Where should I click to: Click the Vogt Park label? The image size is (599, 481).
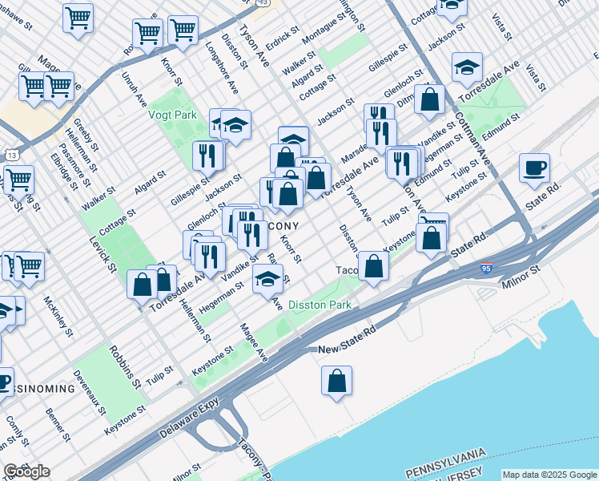pyautogui.click(x=173, y=115)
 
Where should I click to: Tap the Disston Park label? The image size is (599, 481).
pyautogui.click(x=320, y=305)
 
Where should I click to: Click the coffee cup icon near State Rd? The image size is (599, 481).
pyautogui.click(x=534, y=169)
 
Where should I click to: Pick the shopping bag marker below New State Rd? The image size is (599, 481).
pyautogui.click(x=337, y=382)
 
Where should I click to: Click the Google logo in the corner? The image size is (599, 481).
pyautogui.click(x=26, y=471)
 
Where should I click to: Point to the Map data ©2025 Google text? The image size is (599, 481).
pyautogui.click(x=549, y=475)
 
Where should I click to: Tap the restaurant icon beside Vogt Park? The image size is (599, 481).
pyautogui.click(x=208, y=156)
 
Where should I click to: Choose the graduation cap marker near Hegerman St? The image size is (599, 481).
pyautogui.click(x=268, y=280)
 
